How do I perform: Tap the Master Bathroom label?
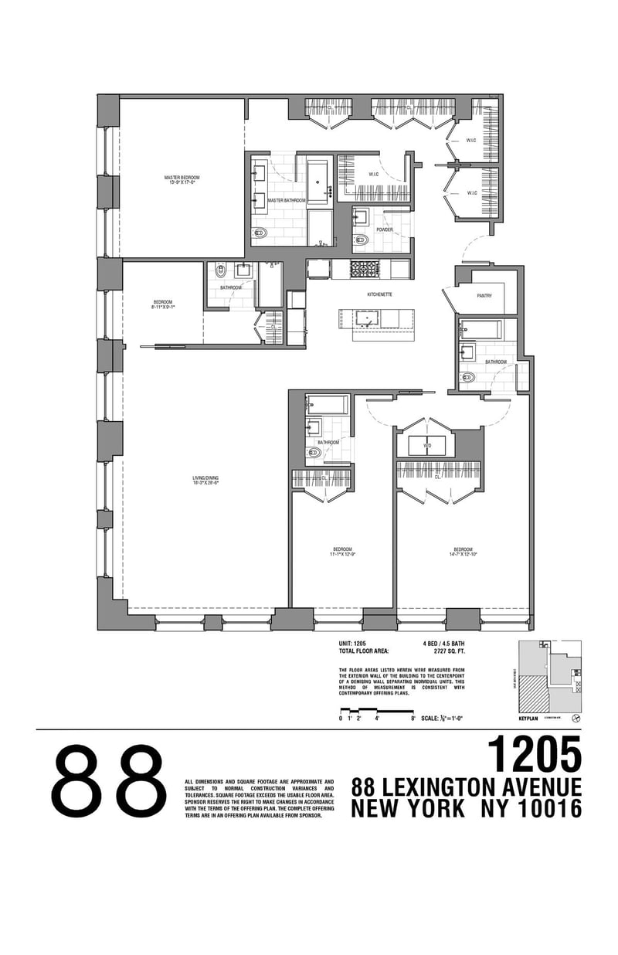point(286,200)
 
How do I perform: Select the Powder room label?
point(384,229)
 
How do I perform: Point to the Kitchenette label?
point(379,294)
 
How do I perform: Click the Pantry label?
point(484,294)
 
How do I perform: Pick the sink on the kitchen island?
point(365,317)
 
